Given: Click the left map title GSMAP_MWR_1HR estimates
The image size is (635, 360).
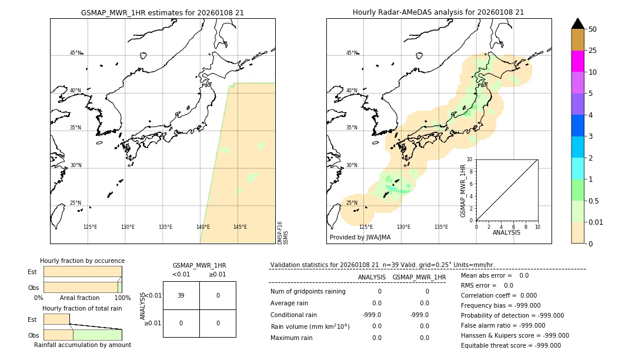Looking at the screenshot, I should point(162,12).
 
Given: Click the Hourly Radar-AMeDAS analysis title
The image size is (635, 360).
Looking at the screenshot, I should point(438,12).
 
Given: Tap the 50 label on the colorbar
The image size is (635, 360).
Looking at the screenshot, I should point(593,29).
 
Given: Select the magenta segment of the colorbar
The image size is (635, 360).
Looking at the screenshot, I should point(577,61).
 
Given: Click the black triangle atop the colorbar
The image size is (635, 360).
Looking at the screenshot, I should point(577,24).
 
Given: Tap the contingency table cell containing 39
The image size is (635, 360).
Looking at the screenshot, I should point(181,295).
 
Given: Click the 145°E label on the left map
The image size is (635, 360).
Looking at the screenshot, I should point(240,227).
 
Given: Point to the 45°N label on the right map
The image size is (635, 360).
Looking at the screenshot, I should point(352,53).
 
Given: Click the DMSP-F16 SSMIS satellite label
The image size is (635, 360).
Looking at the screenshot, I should point(283,233).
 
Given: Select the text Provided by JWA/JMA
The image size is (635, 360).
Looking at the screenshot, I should point(360,237).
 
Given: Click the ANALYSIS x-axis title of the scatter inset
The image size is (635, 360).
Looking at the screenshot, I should point(507,232).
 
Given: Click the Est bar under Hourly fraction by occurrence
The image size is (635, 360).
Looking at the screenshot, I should point(82,272).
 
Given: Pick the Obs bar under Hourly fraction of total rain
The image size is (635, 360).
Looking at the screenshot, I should point(82,334).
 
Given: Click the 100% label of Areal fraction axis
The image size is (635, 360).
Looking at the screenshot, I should point(122,298).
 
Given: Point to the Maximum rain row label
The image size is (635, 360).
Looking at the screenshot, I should point(292,338).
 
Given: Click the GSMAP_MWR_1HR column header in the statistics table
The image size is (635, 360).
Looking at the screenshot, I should point(419,277).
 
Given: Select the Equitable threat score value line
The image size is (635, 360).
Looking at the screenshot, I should point(511,346).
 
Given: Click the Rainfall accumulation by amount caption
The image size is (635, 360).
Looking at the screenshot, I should point(82,345).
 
